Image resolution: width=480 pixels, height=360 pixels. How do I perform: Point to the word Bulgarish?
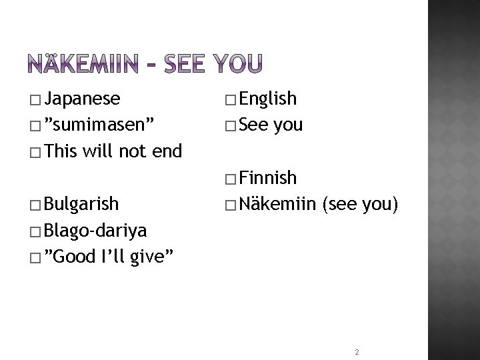tap(84, 203)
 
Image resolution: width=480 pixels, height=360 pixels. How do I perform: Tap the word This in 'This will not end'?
tap(63, 151)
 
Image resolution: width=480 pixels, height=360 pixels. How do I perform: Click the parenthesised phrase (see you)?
tap(360, 203)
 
